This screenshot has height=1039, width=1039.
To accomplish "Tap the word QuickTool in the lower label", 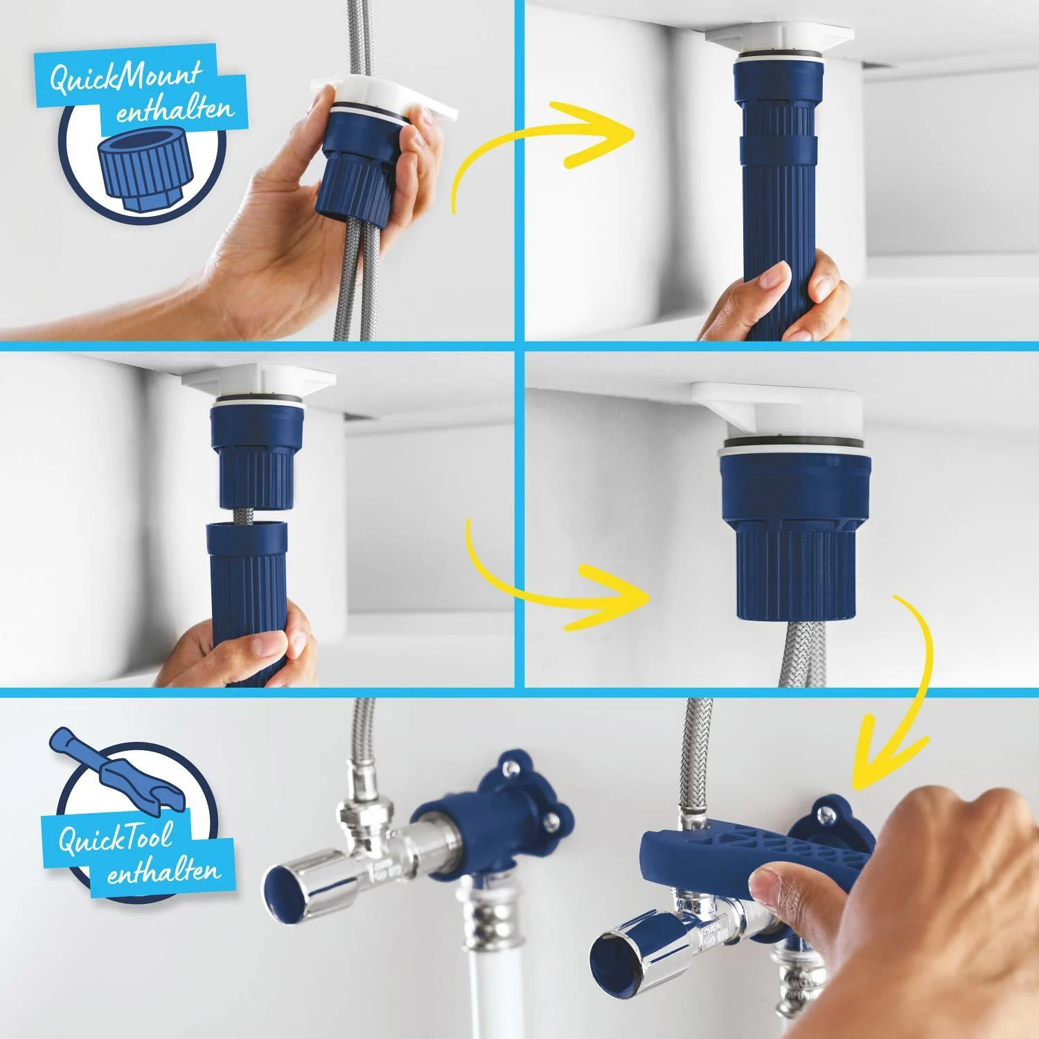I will click(x=114, y=840).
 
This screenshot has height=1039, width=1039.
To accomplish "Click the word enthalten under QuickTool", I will click(x=163, y=873).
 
